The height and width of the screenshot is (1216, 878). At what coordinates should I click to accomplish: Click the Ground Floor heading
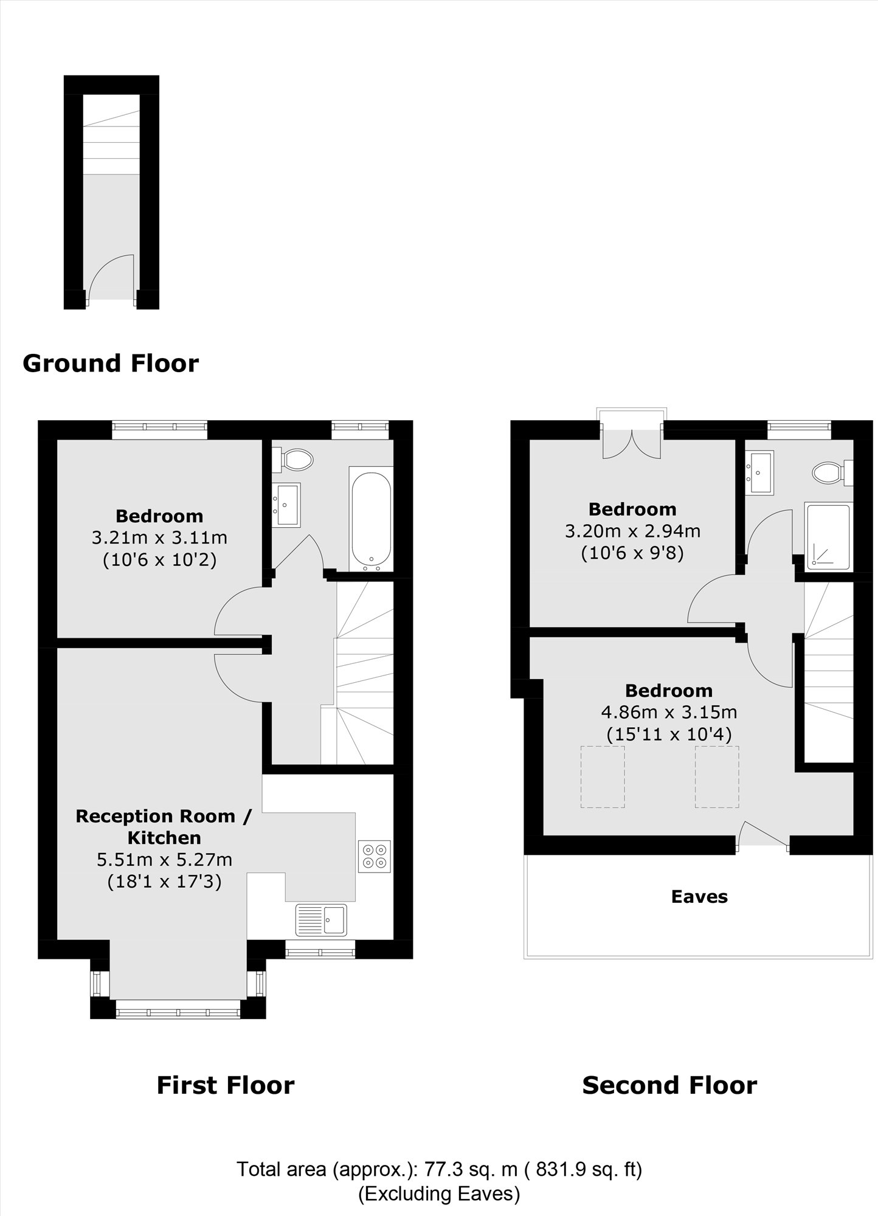click(111, 364)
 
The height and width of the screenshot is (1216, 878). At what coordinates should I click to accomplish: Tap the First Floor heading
click(226, 1085)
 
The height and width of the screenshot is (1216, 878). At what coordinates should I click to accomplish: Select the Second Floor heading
click(669, 1085)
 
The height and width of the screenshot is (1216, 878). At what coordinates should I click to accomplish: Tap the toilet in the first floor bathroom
click(296, 459)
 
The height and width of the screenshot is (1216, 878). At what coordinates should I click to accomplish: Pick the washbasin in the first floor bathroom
click(286, 504)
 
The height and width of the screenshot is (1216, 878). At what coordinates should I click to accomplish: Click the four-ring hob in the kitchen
click(375, 856)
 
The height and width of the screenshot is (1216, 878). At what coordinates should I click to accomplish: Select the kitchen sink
click(321, 919)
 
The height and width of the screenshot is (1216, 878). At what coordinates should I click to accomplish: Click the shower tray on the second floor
click(827, 536)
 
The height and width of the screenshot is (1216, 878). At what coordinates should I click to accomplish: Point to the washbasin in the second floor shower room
click(760, 471)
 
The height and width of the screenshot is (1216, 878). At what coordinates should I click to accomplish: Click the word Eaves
click(699, 897)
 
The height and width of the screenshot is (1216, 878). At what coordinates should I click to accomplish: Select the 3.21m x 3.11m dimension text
click(159, 537)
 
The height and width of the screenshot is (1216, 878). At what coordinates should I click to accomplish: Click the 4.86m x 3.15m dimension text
click(669, 711)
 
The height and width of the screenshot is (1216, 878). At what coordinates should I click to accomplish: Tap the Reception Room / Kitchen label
click(164, 826)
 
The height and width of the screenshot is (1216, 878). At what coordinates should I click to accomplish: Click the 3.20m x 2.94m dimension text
click(632, 531)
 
